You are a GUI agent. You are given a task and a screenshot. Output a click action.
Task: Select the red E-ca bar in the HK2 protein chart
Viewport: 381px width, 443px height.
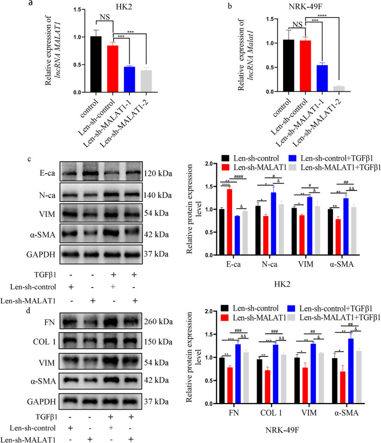pos(229,206)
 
